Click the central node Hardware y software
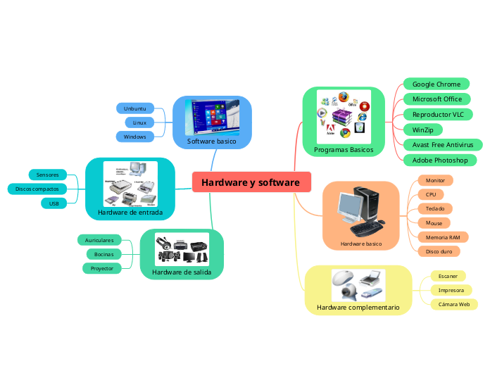(x=251, y=183)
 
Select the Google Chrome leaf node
(x=436, y=84)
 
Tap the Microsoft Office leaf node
(x=436, y=99)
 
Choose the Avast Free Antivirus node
(x=442, y=145)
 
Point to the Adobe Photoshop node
(x=440, y=160)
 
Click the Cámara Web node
(x=453, y=305)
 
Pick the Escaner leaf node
(x=448, y=276)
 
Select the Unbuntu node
(x=134, y=108)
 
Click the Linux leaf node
(x=139, y=122)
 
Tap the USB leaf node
(x=54, y=203)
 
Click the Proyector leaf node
(x=101, y=268)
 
